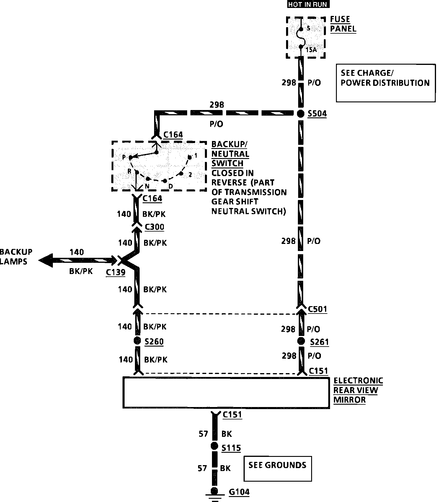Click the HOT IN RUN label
tap(308, 4)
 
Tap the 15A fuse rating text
tap(311, 50)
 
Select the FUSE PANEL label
tap(343, 24)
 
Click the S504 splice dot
tap(301, 114)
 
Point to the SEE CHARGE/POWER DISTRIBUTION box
tap(386, 83)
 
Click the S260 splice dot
tap(137, 341)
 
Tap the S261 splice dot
tap(301, 341)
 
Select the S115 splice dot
tap(215, 446)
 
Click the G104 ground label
tap(239, 492)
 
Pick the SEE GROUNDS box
tap(277, 468)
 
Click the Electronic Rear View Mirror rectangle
tap(226, 392)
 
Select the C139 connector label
tap(115, 272)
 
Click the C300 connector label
tap(154, 227)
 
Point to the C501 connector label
tap(317, 309)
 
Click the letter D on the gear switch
tap(170, 186)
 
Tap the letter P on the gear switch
tap(124, 157)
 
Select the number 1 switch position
tap(195, 155)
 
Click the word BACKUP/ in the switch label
tap(229, 144)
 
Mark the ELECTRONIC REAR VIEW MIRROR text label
tap(358, 390)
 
